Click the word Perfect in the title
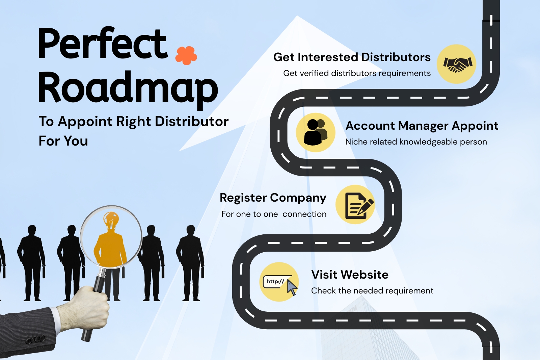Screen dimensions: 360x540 pyautogui.click(x=103, y=44)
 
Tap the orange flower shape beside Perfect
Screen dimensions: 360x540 pyautogui.click(x=186, y=55)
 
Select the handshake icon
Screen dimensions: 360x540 pyautogui.click(x=456, y=64)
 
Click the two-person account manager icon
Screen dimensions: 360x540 pyautogui.click(x=316, y=132)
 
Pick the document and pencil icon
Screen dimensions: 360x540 pyautogui.click(x=355, y=204)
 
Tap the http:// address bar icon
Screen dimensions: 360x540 pyautogui.click(x=279, y=282)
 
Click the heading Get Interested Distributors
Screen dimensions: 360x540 pyautogui.click(x=352, y=57)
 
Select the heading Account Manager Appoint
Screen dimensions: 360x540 pyautogui.click(x=422, y=126)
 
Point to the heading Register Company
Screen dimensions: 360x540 pyautogui.click(x=273, y=198)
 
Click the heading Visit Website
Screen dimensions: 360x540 pyautogui.click(x=350, y=275)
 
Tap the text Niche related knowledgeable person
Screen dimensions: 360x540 pyautogui.click(x=416, y=142)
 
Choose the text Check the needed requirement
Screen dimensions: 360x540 pyautogui.click(x=372, y=291)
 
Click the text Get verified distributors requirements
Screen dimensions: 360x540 pyautogui.click(x=357, y=73)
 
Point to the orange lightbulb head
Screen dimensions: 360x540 pyautogui.click(x=111, y=221)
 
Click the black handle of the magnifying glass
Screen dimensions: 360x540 pyautogui.click(x=99, y=284)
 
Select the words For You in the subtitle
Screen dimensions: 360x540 pyautogui.click(x=63, y=141)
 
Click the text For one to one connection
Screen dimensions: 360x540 pyautogui.click(x=274, y=214)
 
